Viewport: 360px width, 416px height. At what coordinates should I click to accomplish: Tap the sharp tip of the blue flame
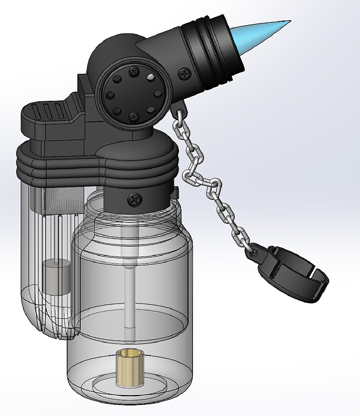point(288,23)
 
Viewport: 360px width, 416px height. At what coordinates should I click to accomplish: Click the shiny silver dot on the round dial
point(151,76)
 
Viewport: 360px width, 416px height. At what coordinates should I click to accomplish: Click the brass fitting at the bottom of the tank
point(130,368)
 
